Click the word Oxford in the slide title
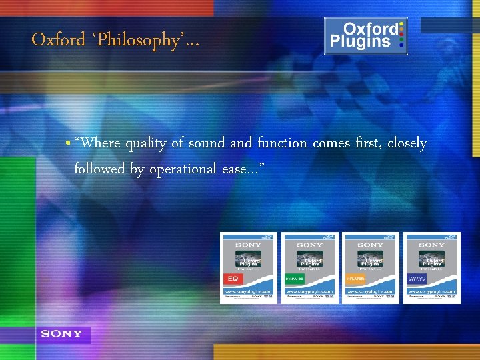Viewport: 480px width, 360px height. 57,40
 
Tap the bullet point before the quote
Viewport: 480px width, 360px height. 69,143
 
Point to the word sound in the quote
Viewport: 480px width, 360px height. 207,143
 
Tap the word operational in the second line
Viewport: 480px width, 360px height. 183,169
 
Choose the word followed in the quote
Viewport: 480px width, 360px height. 99,169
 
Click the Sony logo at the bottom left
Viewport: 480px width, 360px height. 61,334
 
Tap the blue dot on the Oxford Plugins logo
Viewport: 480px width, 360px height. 401,47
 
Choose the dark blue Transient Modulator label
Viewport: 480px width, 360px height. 417,279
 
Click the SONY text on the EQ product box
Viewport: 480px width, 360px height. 249,245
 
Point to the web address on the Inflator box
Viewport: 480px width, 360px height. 370,291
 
